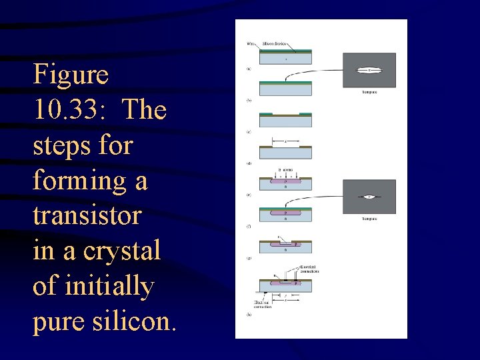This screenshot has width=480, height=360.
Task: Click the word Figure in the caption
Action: tap(71, 74)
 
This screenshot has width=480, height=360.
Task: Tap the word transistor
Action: tap(87, 215)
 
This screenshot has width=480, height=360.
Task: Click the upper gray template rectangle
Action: tap(369, 70)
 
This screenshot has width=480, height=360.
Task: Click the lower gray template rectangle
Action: tap(369, 197)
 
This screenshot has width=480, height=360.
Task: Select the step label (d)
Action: tap(249, 163)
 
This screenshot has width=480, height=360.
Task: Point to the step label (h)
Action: tap(249, 314)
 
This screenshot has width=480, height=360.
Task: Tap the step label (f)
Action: tap(249, 227)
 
